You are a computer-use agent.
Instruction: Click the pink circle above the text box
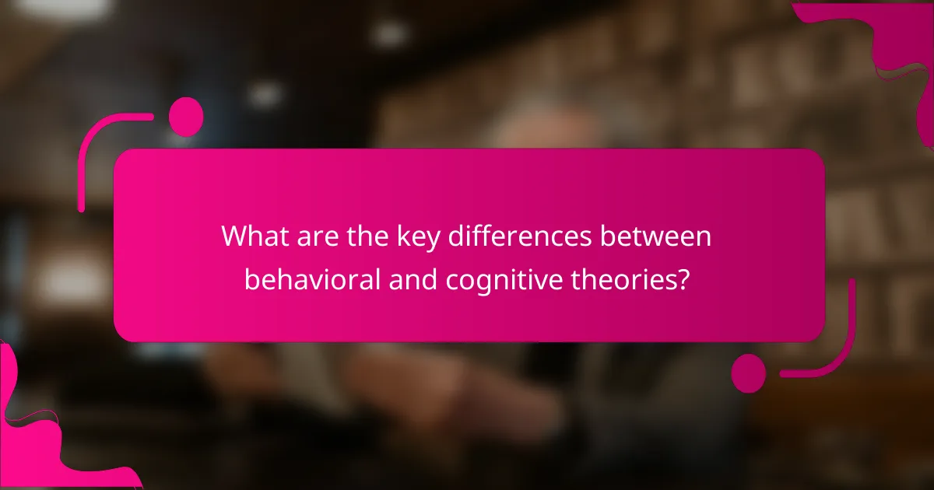click(186, 117)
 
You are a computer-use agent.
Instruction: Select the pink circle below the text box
click(749, 373)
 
